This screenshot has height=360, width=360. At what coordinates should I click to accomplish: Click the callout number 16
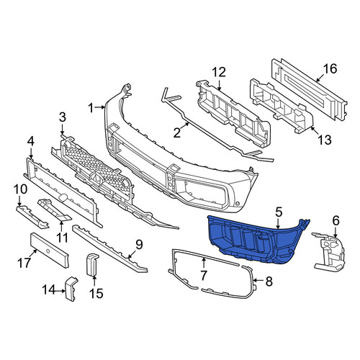(x=330, y=68)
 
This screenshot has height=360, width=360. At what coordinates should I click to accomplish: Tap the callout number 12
(x=219, y=72)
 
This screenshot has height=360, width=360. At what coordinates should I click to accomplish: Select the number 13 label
(x=325, y=140)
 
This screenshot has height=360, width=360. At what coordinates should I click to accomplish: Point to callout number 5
(x=279, y=212)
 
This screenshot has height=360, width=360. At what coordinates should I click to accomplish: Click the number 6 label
(x=336, y=220)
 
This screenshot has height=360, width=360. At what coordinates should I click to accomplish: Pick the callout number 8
(x=269, y=281)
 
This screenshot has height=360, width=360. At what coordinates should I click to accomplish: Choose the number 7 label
(x=203, y=275)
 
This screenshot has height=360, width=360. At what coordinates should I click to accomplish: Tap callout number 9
(x=139, y=245)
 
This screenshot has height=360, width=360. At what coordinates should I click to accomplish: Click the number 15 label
(x=96, y=293)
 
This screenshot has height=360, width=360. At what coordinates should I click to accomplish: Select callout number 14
(x=50, y=289)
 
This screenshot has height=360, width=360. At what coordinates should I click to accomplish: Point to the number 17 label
(x=24, y=263)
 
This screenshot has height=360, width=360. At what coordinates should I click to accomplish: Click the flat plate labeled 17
(x=50, y=250)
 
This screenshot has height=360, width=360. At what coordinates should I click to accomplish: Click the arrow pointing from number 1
(x=99, y=108)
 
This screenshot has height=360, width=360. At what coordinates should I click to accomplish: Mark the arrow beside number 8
(x=258, y=280)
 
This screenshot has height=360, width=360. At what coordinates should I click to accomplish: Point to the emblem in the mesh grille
(x=96, y=178)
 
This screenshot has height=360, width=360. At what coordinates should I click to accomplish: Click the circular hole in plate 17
(x=48, y=251)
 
